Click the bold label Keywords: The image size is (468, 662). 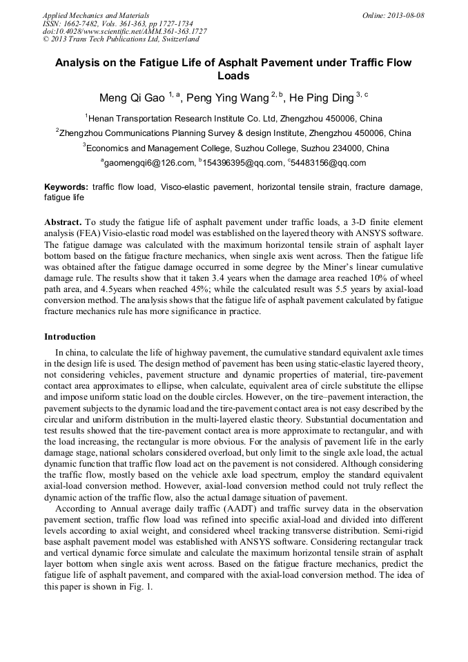tap(66, 187)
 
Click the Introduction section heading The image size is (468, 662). tap(70, 337)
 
